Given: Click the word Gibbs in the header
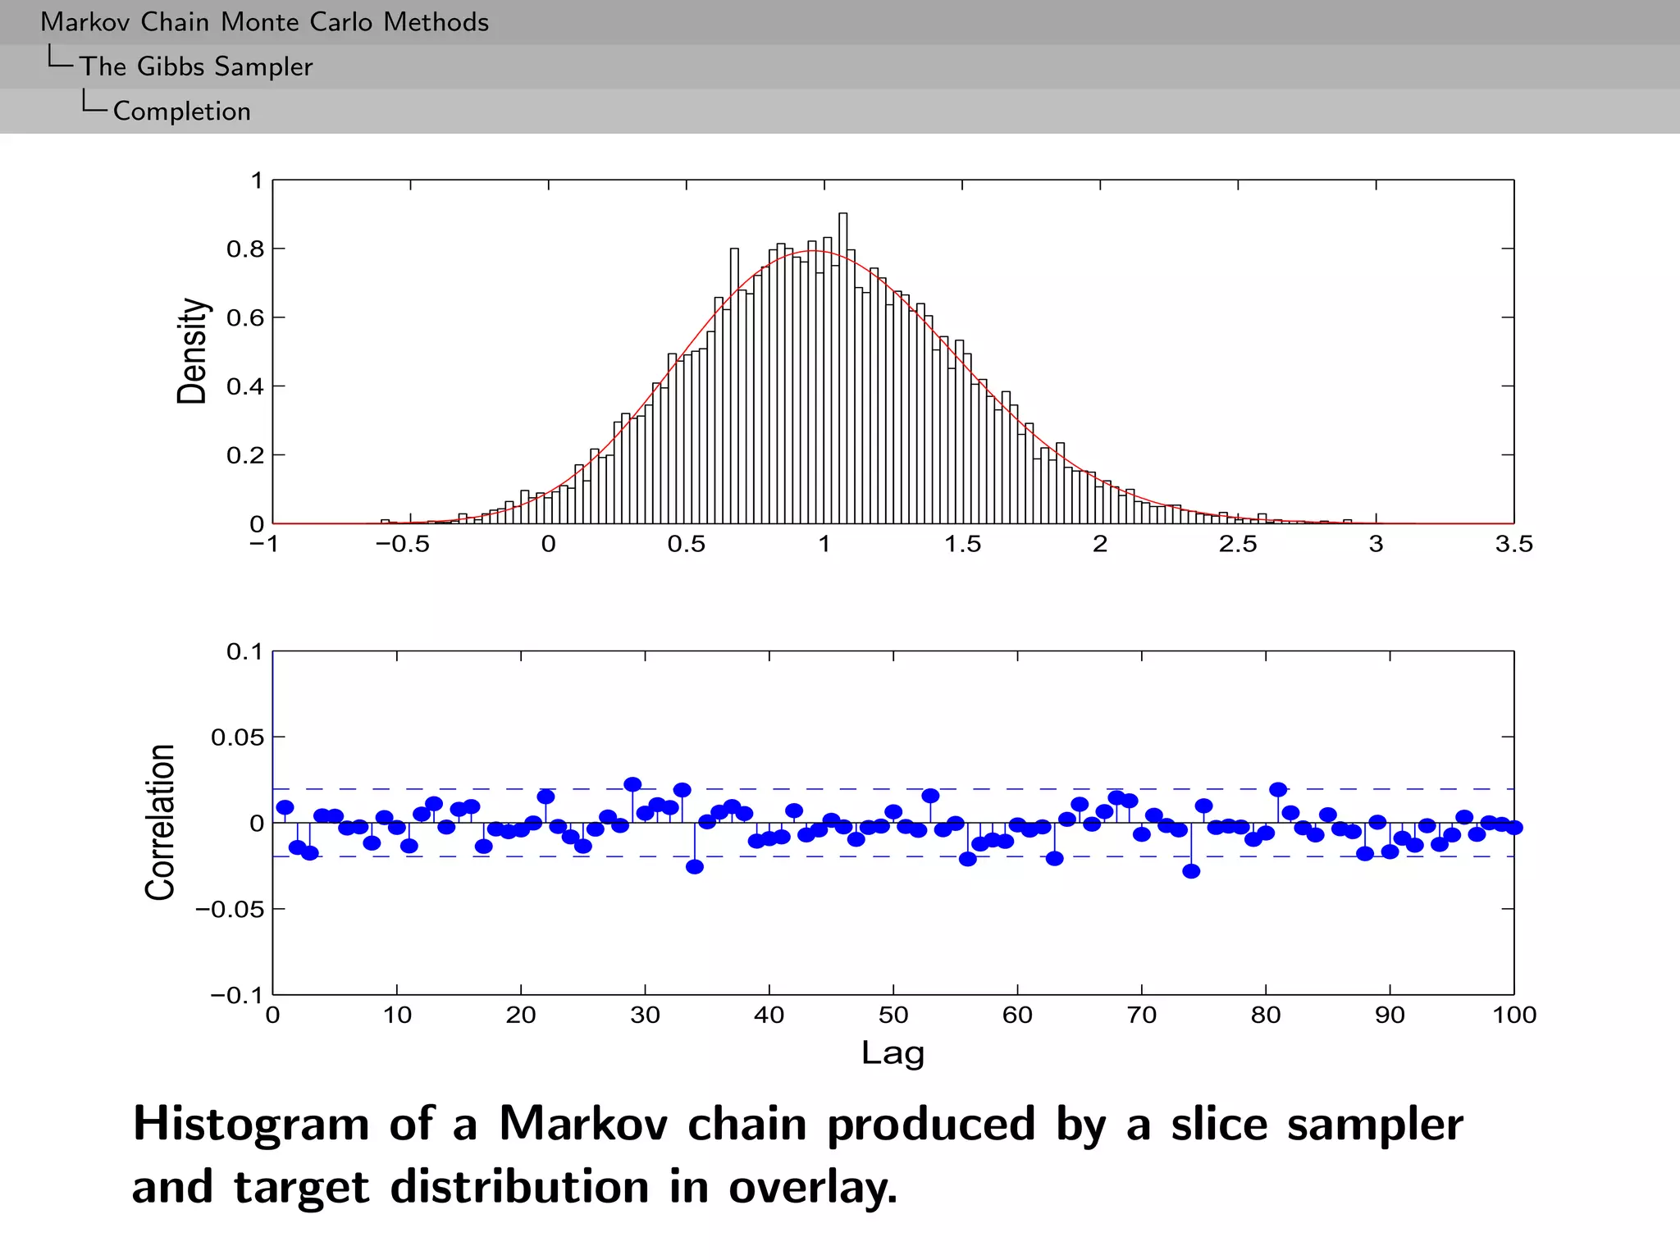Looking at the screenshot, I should [x=171, y=66].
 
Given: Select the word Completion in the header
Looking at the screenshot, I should [x=181, y=112].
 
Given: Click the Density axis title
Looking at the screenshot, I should [x=192, y=351].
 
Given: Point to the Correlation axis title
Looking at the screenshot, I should [x=160, y=822].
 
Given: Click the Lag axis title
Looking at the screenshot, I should [x=892, y=1053].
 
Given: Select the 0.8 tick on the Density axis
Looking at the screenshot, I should [x=245, y=249].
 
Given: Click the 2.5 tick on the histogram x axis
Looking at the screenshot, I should [x=1238, y=545].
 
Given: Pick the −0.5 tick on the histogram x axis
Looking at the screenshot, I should [x=403, y=545].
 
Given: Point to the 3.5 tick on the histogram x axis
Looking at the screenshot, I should [x=1513, y=545].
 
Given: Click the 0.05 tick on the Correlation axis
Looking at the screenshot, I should [x=237, y=737].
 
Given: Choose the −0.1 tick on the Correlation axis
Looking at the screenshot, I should [x=236, y=996].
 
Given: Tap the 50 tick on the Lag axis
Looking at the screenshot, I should [x=892, y=1016].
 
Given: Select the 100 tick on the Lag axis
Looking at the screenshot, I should [x=1513, y=1016].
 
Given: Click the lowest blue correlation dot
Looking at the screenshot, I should [x=1191, y=871].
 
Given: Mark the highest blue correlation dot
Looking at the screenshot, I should [x=632, y=784].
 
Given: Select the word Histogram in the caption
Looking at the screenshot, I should [x=251, y=1124].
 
